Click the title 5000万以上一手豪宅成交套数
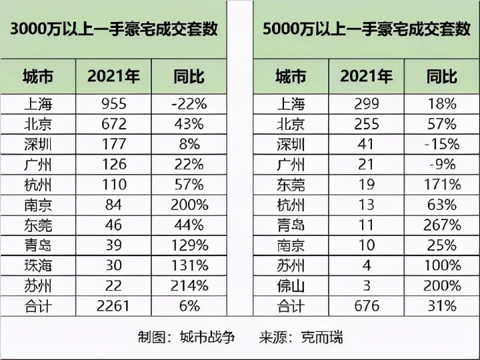366,29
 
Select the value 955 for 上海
113,103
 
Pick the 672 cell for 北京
113,124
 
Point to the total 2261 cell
113,307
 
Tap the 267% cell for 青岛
441,225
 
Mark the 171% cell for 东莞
441,185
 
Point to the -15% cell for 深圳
441,144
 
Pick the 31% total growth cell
441,307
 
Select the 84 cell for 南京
113,205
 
